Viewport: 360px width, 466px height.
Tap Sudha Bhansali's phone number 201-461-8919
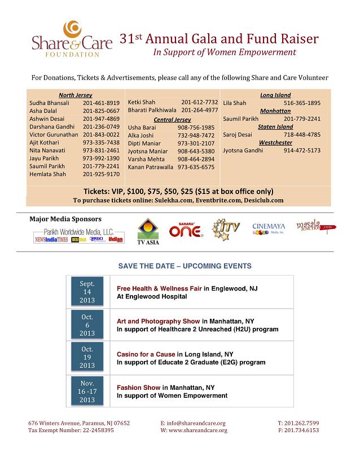(x=101, y=103)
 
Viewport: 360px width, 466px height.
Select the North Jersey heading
(x=75, y=95)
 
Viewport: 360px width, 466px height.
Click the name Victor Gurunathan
(x=54, y=135)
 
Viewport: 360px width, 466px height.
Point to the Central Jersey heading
(x=172, y=120)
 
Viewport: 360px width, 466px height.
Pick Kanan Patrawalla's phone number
(x=196, y=167)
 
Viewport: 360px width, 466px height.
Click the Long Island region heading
(x=275, y=95)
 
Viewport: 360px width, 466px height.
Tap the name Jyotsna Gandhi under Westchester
(x=243, y=151)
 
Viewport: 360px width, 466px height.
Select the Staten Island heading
(x=275, y=127)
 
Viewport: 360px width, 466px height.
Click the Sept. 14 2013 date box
(x=87, y=292)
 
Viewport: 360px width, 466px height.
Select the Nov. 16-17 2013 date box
(x=87, y=392)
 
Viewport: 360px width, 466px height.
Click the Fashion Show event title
(x=139, y=388)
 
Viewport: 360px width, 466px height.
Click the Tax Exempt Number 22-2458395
(x=71, y=430)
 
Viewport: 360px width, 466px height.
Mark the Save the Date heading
(x=185, y=265)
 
